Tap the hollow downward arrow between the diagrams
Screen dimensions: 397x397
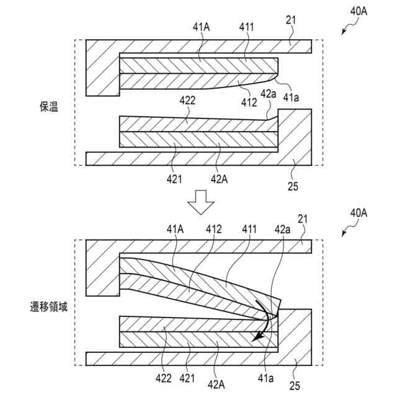(x=199, y=203)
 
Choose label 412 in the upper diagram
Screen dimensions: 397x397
(x=249, y=102)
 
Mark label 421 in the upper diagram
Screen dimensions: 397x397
(x=174, y=179)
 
